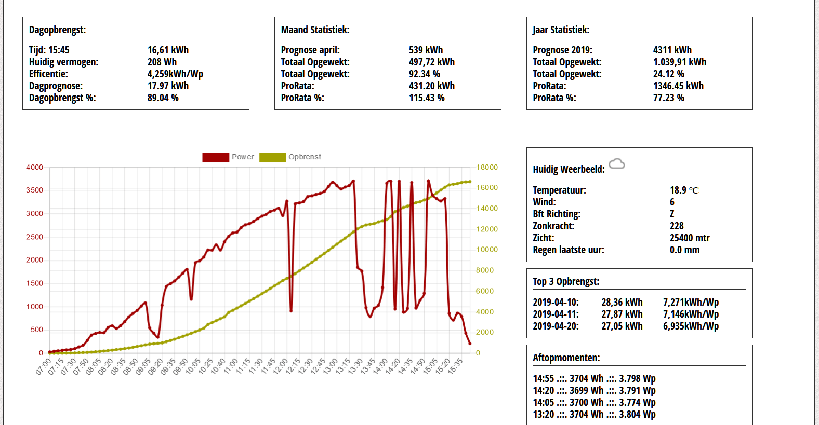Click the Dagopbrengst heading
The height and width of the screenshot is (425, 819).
(57, 30)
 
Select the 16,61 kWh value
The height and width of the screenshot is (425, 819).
(168, 50)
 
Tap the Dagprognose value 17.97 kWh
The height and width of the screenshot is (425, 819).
(168, 86)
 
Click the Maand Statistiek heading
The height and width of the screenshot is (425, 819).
(315, 30)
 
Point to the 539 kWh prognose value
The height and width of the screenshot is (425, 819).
(426, 50)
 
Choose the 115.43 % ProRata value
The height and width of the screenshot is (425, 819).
(427, 98)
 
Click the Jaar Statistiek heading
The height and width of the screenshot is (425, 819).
(561, 30)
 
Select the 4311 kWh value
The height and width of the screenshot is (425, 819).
(672, 50)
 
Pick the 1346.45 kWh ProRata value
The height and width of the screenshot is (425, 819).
(678, 86)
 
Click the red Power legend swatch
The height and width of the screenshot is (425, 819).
(216, 157)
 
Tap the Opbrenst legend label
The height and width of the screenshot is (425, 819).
(305, 157)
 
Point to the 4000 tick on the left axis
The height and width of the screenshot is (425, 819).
(35, 167)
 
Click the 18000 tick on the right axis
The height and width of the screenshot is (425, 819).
(487, 167)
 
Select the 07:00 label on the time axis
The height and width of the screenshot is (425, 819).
(44, 365)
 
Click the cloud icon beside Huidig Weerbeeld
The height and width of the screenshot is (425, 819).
(617, 164)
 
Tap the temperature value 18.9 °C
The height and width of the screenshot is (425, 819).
(684, 190)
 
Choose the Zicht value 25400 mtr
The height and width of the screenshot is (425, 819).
(690, 238)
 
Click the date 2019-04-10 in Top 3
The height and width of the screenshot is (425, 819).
(556, 302)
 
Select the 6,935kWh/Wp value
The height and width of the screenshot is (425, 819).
(691, 326)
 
